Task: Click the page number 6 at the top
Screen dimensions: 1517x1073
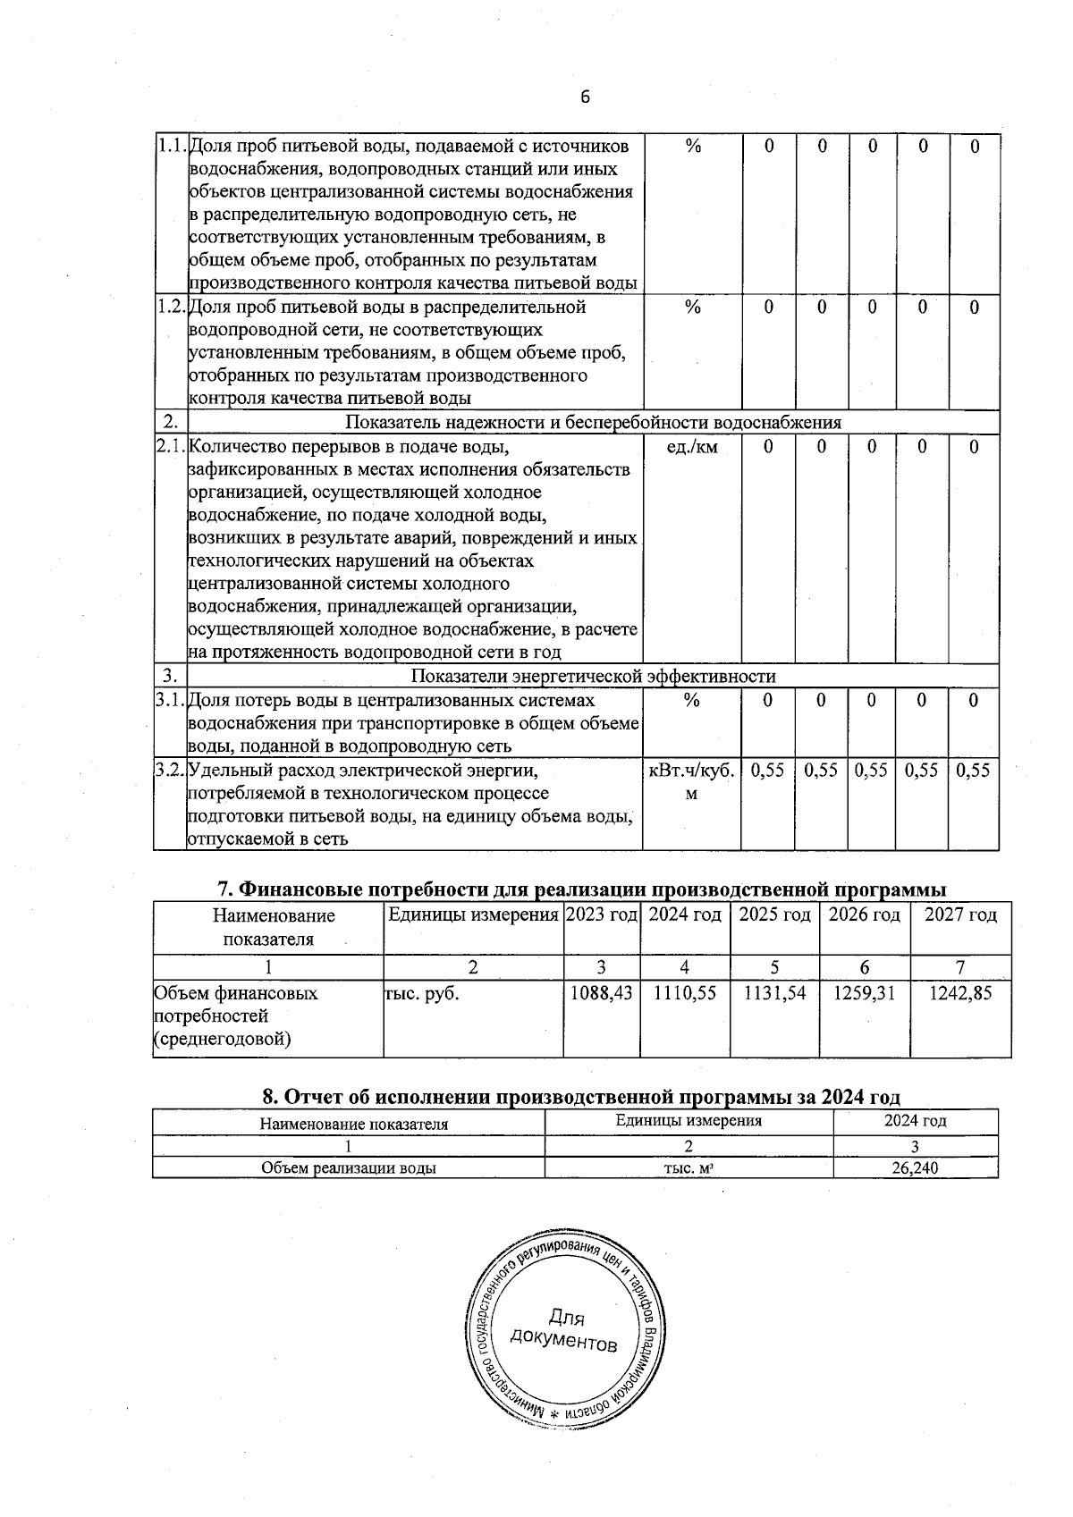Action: click(585, 97)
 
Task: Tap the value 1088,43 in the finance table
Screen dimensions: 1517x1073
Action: click(602, 992)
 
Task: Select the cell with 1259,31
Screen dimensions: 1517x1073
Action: click(864, 992)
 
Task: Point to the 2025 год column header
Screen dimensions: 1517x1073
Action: click(774, 914)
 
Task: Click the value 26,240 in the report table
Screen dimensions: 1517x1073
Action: click(915, 1167)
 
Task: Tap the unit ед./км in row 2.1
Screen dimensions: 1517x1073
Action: click(691, 447)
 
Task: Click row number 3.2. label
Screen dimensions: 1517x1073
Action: click(170, 770)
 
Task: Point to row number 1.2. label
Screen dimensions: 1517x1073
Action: click(170, 307)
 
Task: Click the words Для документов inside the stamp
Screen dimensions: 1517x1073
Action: click(563, 1330)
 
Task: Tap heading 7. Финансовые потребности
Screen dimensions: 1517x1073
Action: click(582, 889)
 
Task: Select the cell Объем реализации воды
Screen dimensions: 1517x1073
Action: click(348, 1167)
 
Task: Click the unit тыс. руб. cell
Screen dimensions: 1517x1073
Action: click(421, 992)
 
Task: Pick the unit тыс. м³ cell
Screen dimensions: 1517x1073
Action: click(688, 1167)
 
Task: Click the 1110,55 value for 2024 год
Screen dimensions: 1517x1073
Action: click(684, 992)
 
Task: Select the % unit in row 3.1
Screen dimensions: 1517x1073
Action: click(691, 701)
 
